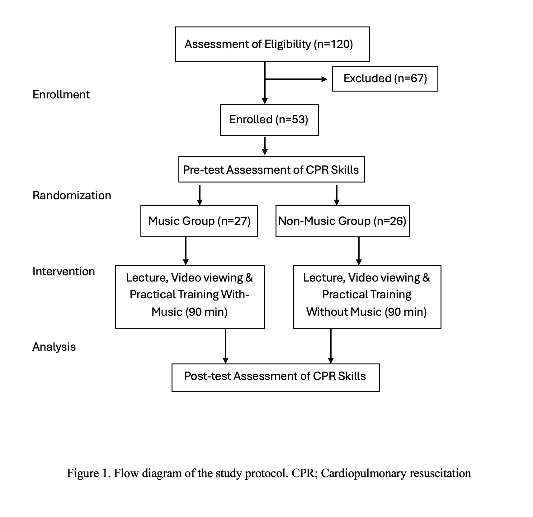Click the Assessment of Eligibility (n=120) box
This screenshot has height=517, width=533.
(272, 44)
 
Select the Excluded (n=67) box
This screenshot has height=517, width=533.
(385, 78)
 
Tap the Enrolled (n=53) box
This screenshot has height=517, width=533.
(269, 120)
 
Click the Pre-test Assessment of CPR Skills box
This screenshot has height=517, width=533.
(271, 170)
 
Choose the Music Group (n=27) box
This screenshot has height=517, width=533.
(199, 221)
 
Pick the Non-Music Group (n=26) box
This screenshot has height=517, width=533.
(342, 221)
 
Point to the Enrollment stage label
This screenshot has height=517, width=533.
(61, 95)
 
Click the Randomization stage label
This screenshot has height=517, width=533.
(72, 196)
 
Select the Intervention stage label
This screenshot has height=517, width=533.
(64, 272)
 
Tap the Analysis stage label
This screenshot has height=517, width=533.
(54, 347)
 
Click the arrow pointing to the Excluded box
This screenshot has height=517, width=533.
(296, 79)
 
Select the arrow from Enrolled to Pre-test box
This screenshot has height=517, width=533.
(265, 146)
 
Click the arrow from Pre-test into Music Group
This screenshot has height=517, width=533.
(200, 195)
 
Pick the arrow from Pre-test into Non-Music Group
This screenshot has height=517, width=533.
(337, 195)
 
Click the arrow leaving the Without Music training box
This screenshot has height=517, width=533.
(331, 346)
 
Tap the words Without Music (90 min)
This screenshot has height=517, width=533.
(366, 312)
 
